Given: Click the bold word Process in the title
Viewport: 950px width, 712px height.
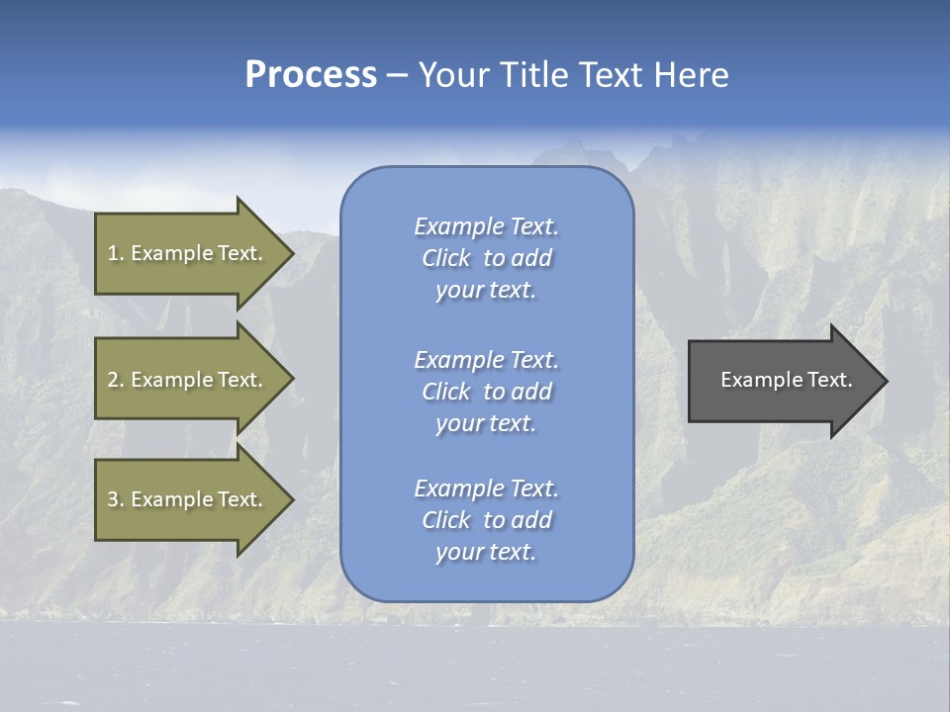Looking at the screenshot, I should pyautogui.click(x=311, y=75).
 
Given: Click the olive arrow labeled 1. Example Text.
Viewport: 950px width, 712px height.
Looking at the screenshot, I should pyautogui.click(x=188, y=253).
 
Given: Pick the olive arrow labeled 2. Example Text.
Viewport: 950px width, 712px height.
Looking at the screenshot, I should pyautogui.click(x=188, y=380).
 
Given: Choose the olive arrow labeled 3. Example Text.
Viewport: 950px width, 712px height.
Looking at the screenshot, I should pyautogui.click(x=188, y=499).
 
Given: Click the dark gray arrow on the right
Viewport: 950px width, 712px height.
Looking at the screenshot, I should pyautogui.click(x=782, y=381).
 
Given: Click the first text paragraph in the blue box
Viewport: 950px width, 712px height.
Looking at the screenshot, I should pyautogui.click(x=486, y=258).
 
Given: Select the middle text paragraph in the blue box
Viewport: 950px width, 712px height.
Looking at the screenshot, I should pyautogui.click(x=486, y=392).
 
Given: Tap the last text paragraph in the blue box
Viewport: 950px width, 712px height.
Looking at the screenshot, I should pyautogui.click(x=486, y=520).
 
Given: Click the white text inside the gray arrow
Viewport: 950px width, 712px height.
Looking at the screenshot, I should pyautogui.click(x=787, y=380).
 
